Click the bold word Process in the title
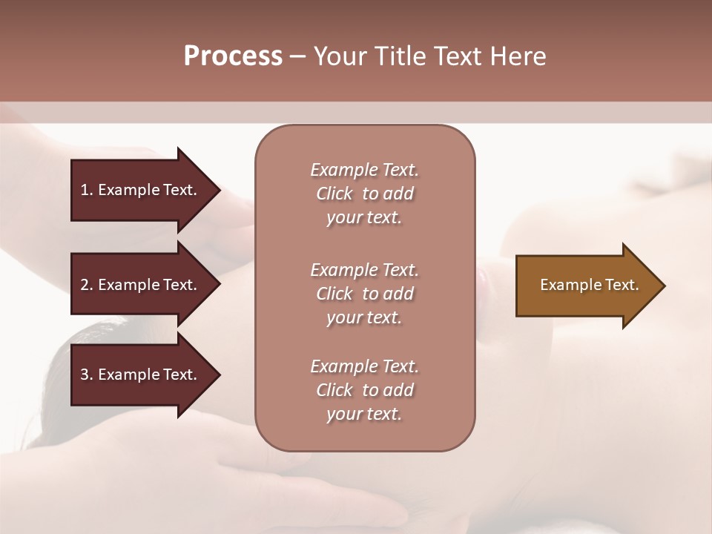233,56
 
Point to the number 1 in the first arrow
85,190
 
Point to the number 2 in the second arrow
85,285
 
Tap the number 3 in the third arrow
85,375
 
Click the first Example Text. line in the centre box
364,170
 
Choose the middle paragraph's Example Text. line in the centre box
364,270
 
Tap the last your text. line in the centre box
364,414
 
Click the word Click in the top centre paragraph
334,194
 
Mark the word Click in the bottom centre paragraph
334,390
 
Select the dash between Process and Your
297,57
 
